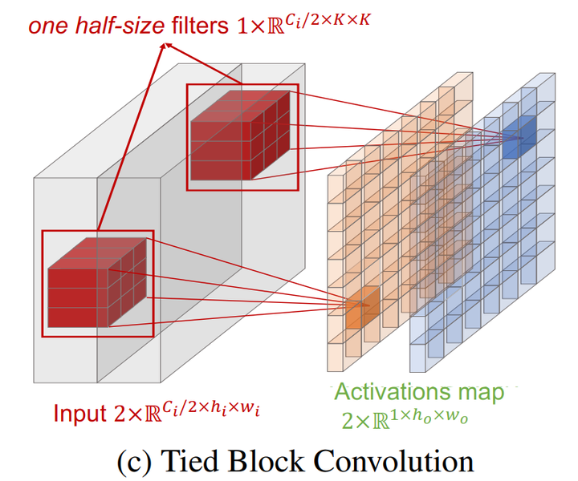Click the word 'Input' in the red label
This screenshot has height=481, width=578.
click(x=81, y=414)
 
